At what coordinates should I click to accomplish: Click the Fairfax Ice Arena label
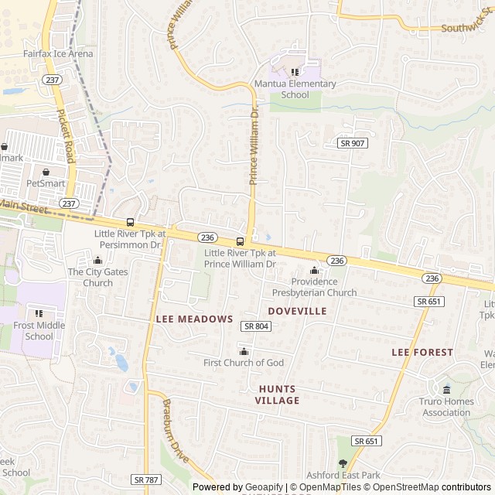58,54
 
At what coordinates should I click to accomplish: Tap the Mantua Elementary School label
295,89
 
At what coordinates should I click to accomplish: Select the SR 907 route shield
353,143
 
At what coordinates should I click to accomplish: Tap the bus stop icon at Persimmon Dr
129,222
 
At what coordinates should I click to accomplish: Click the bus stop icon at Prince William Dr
240,241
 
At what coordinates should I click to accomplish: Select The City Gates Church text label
97,277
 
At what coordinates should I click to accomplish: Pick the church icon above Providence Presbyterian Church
314,271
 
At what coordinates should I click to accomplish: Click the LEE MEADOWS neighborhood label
194,319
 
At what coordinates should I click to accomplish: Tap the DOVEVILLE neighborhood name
297,310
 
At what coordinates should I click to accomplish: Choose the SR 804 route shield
256,326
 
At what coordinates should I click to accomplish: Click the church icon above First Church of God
244,352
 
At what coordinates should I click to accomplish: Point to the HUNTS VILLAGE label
278,394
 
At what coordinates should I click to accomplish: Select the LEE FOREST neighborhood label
422,352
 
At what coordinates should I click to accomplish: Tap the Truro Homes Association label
446,407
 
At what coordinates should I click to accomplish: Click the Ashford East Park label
343,475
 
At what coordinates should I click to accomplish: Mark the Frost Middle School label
39,331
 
